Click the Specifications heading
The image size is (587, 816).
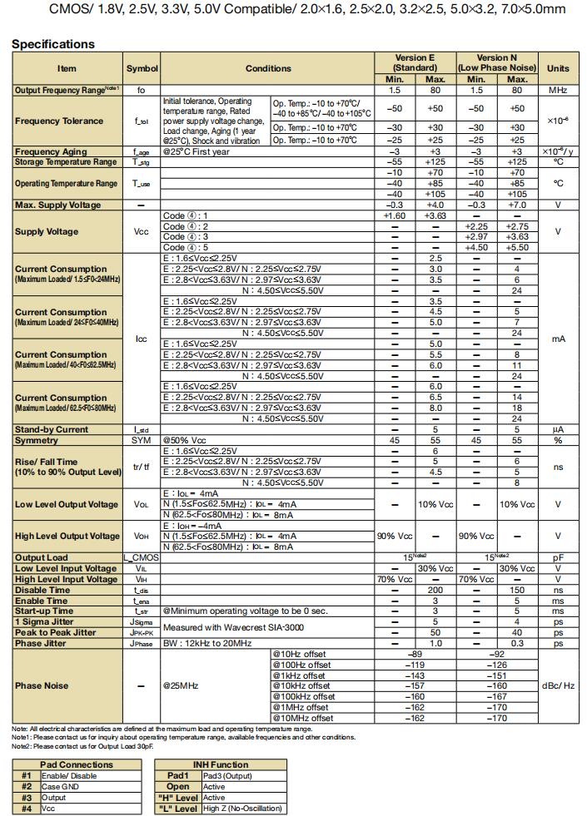[53, 44]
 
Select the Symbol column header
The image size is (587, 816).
[142, 68]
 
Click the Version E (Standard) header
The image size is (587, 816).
[415, 62]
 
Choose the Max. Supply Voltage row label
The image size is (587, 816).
[58, 205]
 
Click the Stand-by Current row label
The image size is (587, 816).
[52, 429]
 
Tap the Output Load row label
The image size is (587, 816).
[43, 557]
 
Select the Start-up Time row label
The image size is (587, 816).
[44, 611]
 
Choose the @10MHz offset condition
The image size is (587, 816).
[303, 718]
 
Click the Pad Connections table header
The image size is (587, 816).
[77, 764]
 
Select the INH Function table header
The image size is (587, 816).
[219, 764]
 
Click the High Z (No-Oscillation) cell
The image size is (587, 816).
[242, 808]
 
